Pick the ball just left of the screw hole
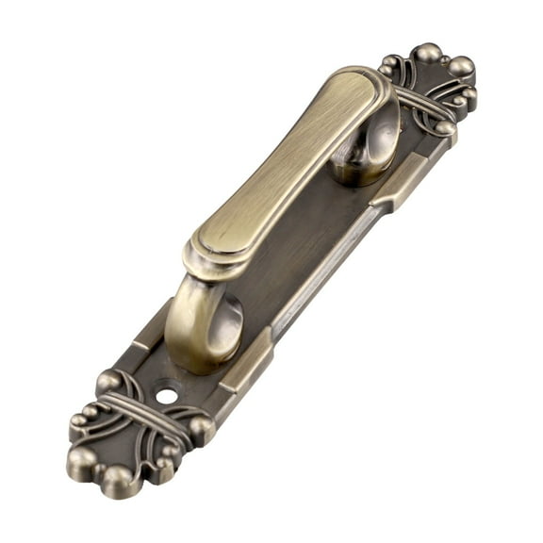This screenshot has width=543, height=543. pyautogui.click(x=109, y=382)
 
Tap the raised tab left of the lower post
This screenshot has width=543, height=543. pyautogui.click(x=151, y=325)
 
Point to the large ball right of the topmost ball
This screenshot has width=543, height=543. pyautogui.click(x=461, y=67)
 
